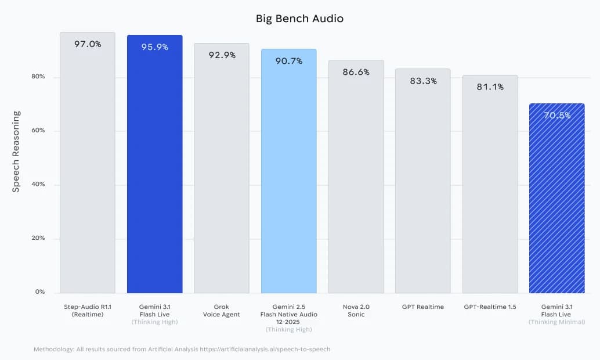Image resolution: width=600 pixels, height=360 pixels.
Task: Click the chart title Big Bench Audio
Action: click(299, 19)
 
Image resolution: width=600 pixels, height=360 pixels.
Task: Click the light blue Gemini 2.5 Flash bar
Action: click(288, 174)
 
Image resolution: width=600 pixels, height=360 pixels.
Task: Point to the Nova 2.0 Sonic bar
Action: click(356, 180)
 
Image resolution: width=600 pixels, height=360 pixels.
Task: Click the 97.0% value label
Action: click(88, 44)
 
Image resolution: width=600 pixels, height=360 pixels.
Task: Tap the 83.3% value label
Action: click(423, 81)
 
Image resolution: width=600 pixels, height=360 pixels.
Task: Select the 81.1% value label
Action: click(490, 87)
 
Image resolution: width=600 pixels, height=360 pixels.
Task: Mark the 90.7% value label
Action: click(288, 61)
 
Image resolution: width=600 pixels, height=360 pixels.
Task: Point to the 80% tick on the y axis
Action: click(38, 77)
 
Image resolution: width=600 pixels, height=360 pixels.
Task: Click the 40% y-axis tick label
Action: click(38, 185)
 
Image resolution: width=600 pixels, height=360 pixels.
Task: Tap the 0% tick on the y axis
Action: click(39, 292)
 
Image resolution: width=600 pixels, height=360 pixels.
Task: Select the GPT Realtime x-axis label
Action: click(423, 307)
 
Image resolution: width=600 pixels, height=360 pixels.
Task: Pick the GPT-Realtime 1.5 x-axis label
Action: click(490, 307)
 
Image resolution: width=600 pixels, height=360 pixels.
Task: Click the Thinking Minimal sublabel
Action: click(556, 322)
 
